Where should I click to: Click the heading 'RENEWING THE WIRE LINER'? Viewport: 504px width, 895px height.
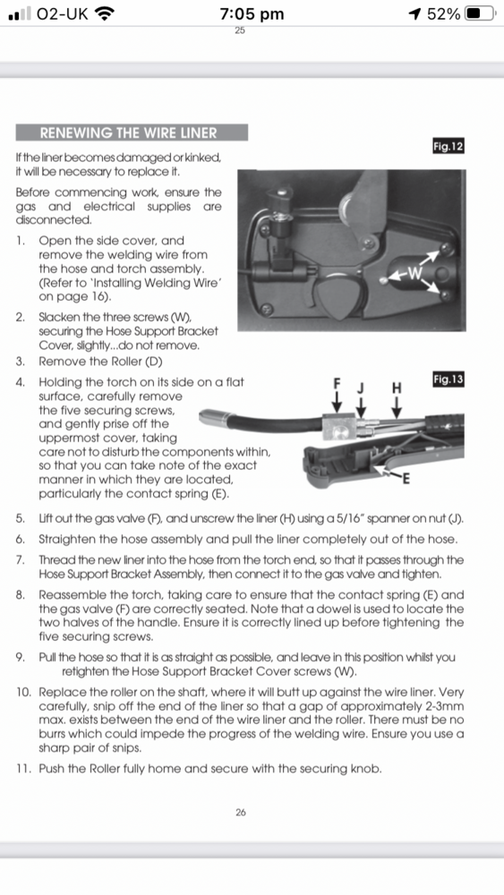[x=128, y=133]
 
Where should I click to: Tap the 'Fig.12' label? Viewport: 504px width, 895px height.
[x=448, y=147]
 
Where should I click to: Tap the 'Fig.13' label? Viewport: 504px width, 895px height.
[x=448, y=379]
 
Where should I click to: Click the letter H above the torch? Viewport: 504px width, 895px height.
[x=397, y=388]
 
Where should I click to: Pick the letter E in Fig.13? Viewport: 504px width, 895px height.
[x=406, y=479]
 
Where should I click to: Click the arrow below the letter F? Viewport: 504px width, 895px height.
[x=337, y=402]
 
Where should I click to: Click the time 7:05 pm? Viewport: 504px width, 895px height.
[x=252, y=13]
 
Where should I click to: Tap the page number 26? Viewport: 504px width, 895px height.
[x=241, y=813]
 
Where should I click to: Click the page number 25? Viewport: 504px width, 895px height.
[x=240, y=30]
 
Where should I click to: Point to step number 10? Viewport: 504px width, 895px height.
[x=23, y=693]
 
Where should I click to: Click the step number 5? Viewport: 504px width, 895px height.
[x=20, y=519]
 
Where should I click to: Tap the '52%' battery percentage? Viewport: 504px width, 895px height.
[x=443, y=13]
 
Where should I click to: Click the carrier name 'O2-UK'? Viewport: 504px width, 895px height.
[x=62, y=13]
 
